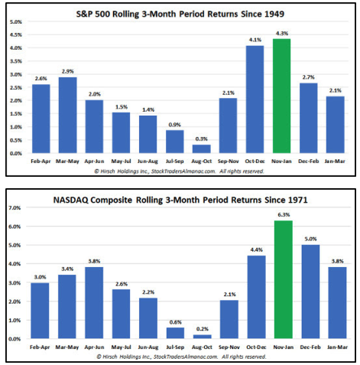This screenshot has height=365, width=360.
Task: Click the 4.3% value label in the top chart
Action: point(281,32)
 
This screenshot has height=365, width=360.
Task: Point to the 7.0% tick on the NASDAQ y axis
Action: point(15,207)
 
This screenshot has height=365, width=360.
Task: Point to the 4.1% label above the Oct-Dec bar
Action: point(256,38)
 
